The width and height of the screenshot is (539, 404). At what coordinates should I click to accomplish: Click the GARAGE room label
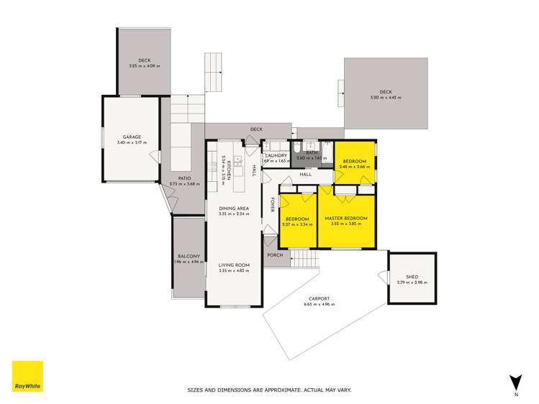point(131,137)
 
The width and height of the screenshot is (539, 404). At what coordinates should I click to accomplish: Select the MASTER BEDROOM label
point(346,218)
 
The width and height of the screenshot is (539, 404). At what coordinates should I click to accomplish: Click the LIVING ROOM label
point(234,265)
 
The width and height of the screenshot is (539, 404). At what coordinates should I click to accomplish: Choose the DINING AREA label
point(234,208)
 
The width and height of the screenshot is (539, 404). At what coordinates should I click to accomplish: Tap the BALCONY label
point(189,257)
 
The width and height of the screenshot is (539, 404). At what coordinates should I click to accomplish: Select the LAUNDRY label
point(276,155)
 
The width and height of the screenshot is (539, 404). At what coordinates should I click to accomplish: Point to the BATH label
point(312,152)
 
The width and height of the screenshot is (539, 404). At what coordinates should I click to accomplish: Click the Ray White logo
point(27,376)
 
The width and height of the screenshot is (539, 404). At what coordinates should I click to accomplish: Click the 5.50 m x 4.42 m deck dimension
point(386,98)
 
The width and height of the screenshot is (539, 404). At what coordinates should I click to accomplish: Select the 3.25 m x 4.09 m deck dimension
point(145,66)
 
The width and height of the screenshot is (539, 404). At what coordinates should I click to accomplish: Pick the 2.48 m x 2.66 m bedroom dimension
point(355,167)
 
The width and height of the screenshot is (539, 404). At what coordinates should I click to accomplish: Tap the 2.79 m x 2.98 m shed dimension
point(412,282)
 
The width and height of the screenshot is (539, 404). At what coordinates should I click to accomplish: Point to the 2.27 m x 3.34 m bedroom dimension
point(297,224)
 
